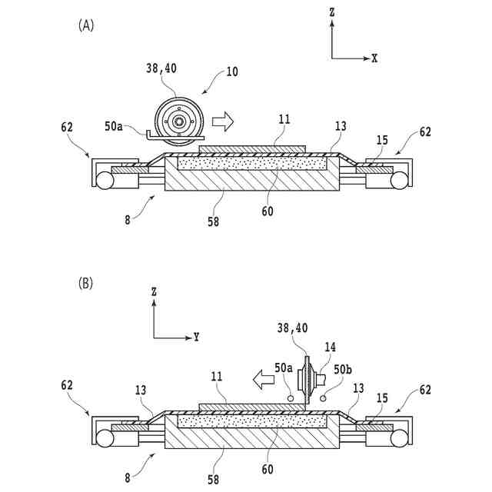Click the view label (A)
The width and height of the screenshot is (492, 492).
click(86, 25)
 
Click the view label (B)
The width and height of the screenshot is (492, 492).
click(86, 284)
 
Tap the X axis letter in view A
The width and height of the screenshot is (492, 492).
click(374, 58)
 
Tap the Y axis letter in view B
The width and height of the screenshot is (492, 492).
click(196, 337)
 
